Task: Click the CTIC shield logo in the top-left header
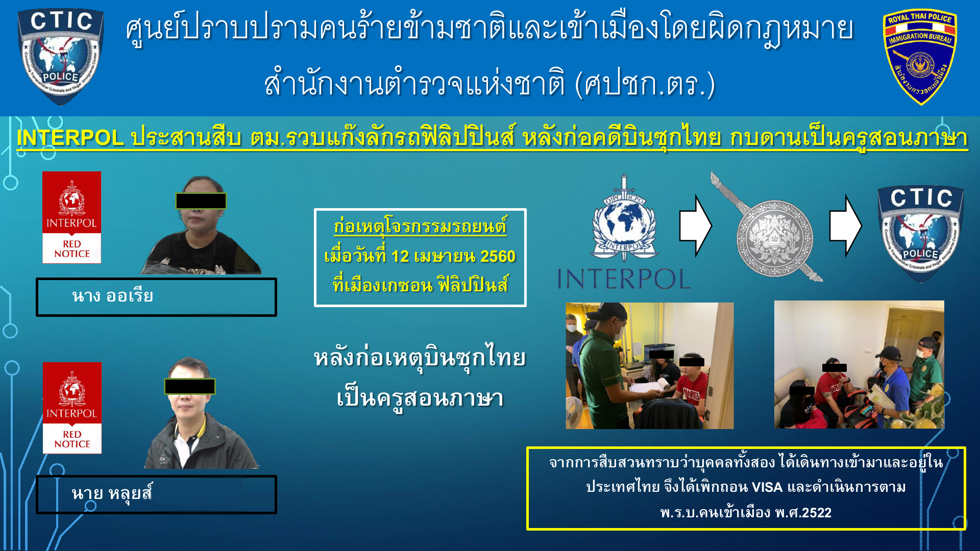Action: pos(61,56)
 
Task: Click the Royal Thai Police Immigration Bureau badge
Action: pos(920,57)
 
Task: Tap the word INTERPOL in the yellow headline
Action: pos(70,138)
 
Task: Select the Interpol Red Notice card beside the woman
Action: pos(71,217)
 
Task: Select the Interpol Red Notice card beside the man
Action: pos(72,408)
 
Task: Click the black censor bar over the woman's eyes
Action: pos(201,201)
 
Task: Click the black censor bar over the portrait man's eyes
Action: pos(190,386)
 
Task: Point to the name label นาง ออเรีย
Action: pos(112,296)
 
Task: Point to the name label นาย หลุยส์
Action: pos(112,493)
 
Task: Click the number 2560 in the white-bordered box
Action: pos(498,256)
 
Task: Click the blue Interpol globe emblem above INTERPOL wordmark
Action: pos(624,218)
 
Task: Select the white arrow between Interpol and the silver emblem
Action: pos(695,226)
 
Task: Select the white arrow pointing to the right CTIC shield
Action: pos(845,226)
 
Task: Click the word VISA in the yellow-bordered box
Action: pos(767,487)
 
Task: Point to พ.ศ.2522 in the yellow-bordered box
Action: pos(803,512)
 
